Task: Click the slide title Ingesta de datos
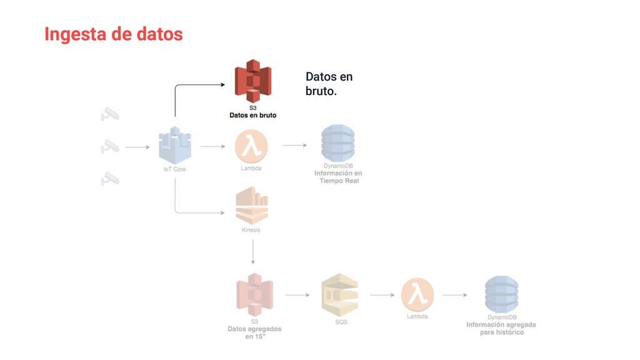click(114, 34)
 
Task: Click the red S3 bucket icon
click(252, 81)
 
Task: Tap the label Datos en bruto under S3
click(252, 116)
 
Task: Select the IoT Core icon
click(175, 146)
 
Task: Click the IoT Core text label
click(175, 169)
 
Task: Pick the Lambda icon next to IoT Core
click(251, 147)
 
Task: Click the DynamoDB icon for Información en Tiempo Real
click(337, 144)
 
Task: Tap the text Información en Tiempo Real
click(337, 177)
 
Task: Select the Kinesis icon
click(251, 206)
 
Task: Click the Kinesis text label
click(251, 230)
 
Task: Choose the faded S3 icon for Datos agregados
click(254, 294)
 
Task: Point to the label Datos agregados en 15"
click(254, 332)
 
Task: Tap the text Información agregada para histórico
click(501, 328)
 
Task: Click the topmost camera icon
click(110, 114)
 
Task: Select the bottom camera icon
click(110, 179)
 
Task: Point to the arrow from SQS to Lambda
click(382, 295)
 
